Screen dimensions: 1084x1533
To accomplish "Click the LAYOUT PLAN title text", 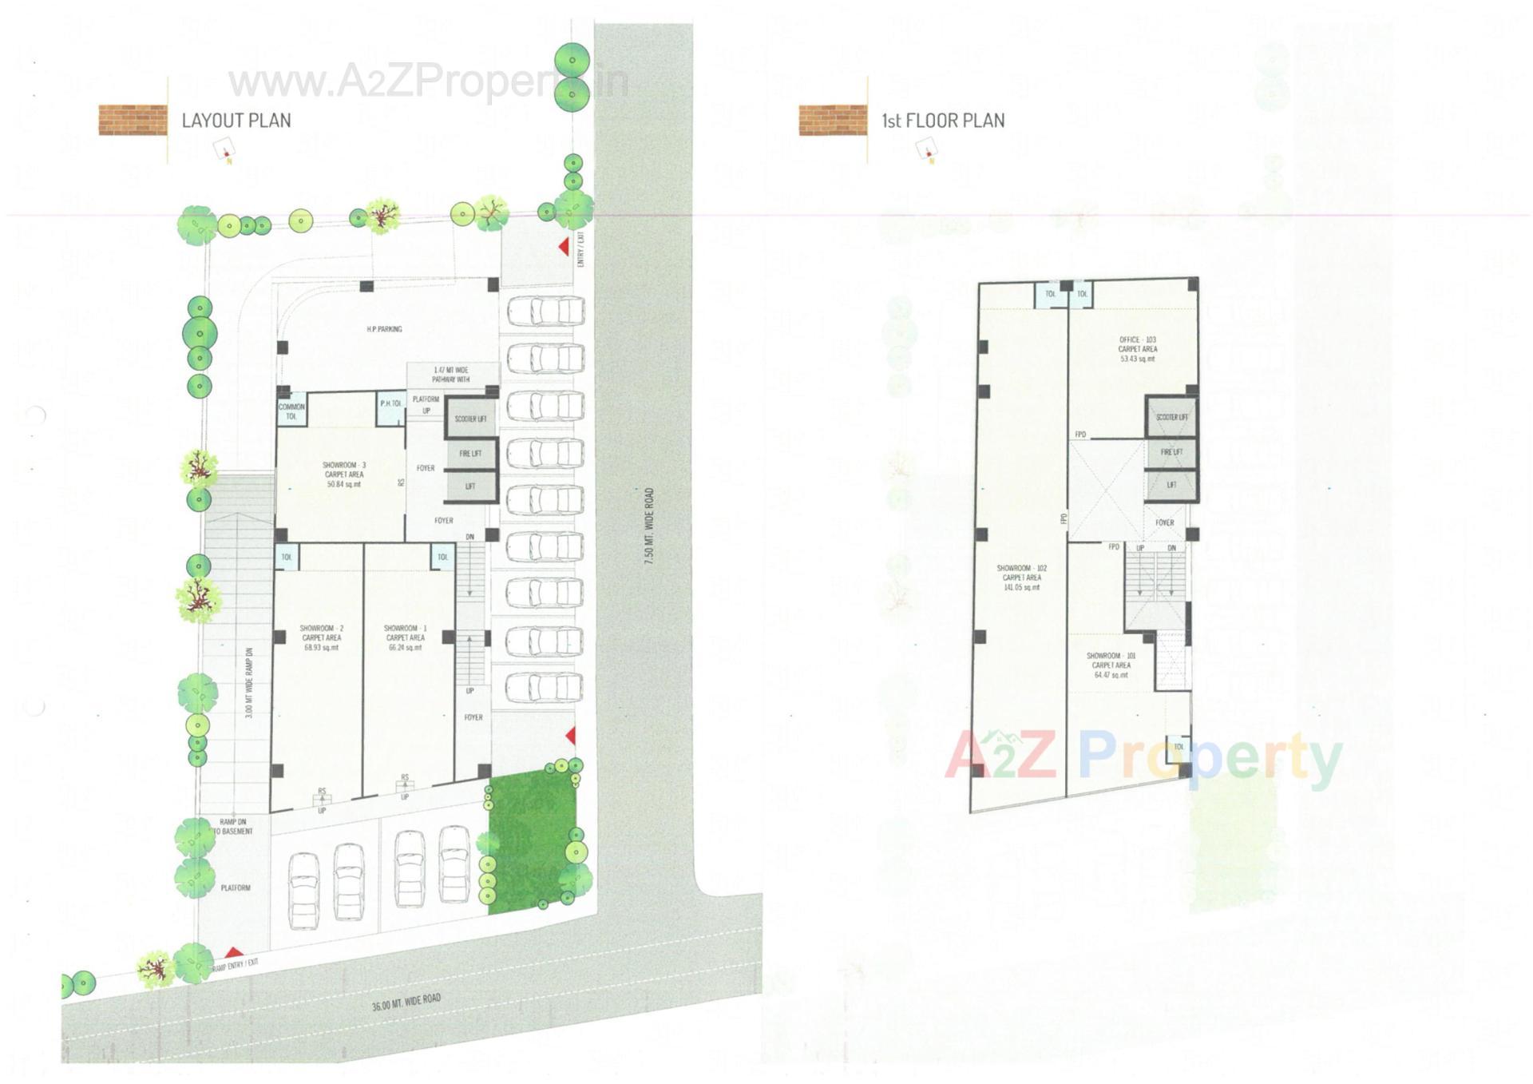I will pyautogui.click(x=236, y=121).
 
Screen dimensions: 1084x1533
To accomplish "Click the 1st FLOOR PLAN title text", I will pyautogui.click(x=943, y=121).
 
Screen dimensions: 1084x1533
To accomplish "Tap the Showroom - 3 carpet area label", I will pyautogui.click(x=344, y=474).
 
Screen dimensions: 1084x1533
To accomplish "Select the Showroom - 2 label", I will pyautogui.click(x=322, y=637).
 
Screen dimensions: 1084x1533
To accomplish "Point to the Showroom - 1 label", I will pyautogui.click(x=405, y=637).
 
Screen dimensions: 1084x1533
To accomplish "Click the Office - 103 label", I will pyautogui.click(x=1137, y=349).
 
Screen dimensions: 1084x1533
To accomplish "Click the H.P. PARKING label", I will pyautogui.click(x=384, y=329).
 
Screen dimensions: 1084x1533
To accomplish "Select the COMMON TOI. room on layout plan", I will pyautogui.click(x=291, y=411).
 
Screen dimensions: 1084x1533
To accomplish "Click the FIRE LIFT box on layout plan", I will pyautogui.click(x=470, y=454).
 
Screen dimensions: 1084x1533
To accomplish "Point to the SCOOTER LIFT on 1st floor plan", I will pyautogui.click(x=1172, y=417).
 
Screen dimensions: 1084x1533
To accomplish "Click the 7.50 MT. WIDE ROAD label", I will pyautogui.click(x=649, y=527).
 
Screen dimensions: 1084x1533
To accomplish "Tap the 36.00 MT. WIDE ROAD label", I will pyautogui.click(x=406, y=1002).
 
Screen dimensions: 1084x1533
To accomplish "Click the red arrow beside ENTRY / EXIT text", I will pyautogui.click(x=564, y=247).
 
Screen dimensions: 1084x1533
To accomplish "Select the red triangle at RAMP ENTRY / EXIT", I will pyautogui.click(x=233, y=952).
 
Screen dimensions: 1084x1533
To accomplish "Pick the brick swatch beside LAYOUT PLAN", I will pyautogui.click(x=133, y=120).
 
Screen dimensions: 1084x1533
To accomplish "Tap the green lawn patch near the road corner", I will pyautogui.click(x=530, y=843).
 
